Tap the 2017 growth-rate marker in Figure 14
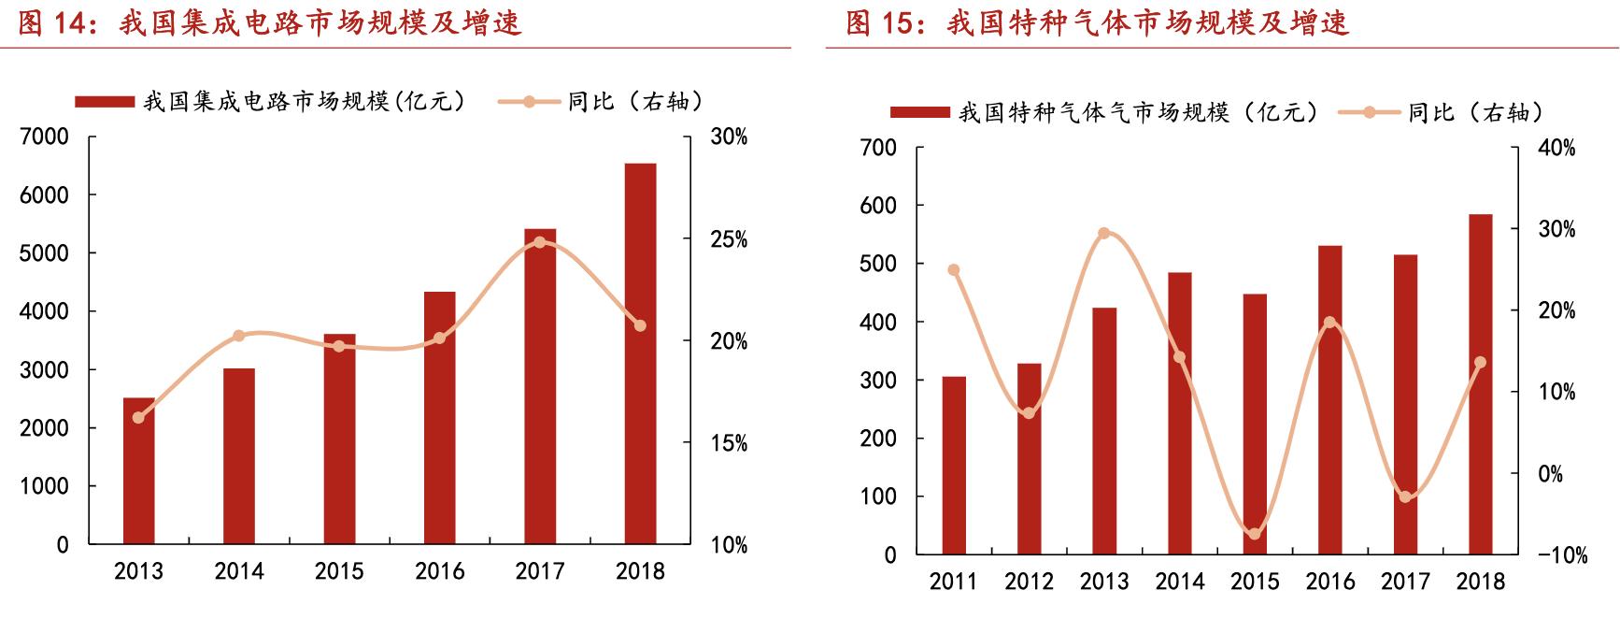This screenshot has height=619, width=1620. pyautogui.click(x=539, y=242)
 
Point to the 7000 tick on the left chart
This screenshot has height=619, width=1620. pyautogui.click(x=45, y=137)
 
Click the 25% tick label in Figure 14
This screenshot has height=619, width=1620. pyautogui.click(x=729, y=239)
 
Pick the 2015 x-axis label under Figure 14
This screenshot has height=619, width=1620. pyautogui.click(x=339, y=571)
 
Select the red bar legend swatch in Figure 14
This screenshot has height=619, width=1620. pyautogui.click(x=104, y=101)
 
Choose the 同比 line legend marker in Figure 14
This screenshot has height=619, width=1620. pyautogui.click(x=529, y=101)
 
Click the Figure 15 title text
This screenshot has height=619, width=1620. pyautogui.click(x=1098, y=22)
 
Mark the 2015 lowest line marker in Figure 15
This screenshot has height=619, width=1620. pyautogui.click(x=1255, y=534)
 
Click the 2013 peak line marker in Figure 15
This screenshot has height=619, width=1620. pyautogui.click(x=1104, y=233)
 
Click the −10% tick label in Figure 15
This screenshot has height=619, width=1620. pyautogui.click(x=1562, y=555)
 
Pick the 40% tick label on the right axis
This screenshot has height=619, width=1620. pyautogui.click(x=1556, y=148)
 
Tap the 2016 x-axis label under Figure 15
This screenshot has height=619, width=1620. pyautogui.click(x=1330, y=582)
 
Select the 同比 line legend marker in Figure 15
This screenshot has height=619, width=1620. pyautogui.click(x=1370, y=112)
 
